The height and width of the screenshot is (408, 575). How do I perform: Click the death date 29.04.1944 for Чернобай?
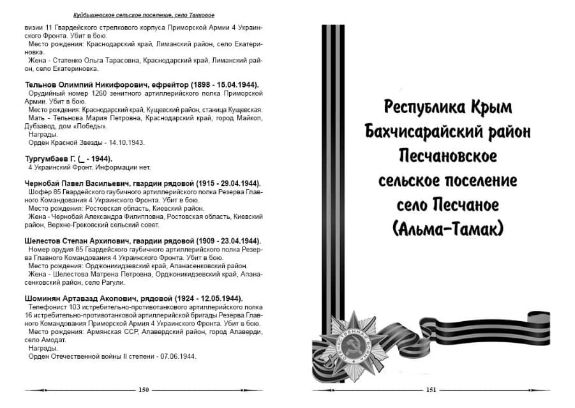pyautogui.click(x=234, y=183)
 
